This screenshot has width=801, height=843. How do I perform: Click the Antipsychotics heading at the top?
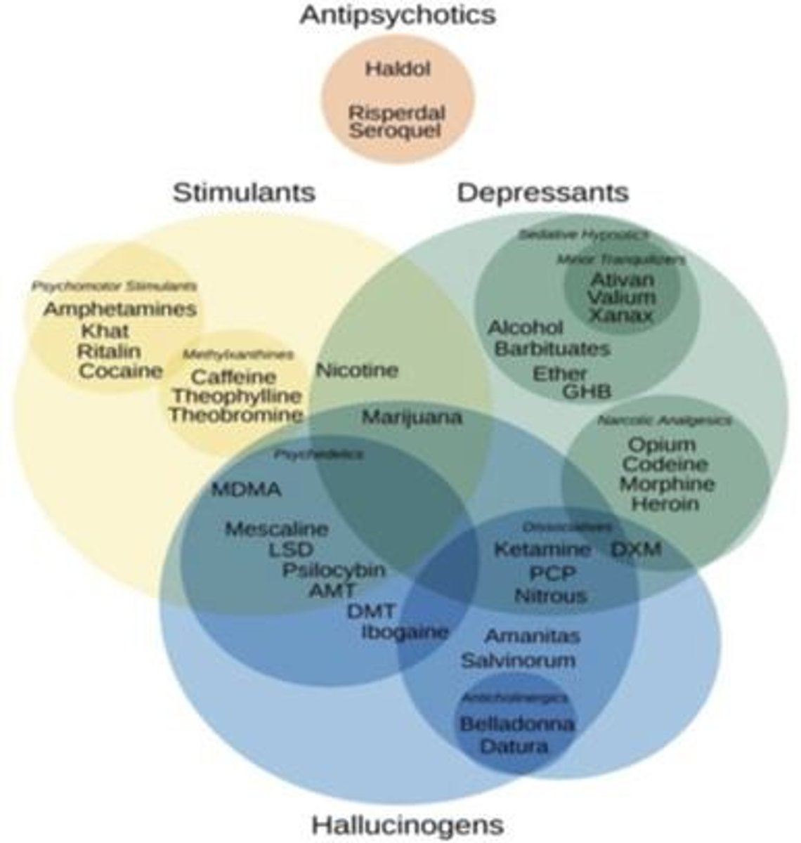point(398,15)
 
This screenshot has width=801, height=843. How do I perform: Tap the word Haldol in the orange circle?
point(397,69)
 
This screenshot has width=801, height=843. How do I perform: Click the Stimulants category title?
point(245,192)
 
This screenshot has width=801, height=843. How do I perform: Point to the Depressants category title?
point(542,192)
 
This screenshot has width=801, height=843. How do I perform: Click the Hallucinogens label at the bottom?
point(408,823)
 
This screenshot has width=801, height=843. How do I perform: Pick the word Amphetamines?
point(120,309)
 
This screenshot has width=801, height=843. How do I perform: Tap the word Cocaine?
point(120,371)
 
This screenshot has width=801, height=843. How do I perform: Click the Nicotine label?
point(357,370)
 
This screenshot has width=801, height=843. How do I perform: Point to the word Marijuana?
point(412,417)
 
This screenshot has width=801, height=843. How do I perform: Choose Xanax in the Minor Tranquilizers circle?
point(621,315)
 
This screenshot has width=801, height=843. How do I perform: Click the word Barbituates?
point(552,348)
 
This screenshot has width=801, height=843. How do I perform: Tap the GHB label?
point(587,391)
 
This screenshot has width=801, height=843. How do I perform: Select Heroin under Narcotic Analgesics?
point(665,504)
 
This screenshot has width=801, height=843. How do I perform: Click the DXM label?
point(636,549)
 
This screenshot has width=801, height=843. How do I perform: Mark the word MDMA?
point(246,490)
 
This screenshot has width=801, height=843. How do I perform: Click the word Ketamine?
point(542,549)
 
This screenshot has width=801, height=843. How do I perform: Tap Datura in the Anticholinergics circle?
point(514,745)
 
